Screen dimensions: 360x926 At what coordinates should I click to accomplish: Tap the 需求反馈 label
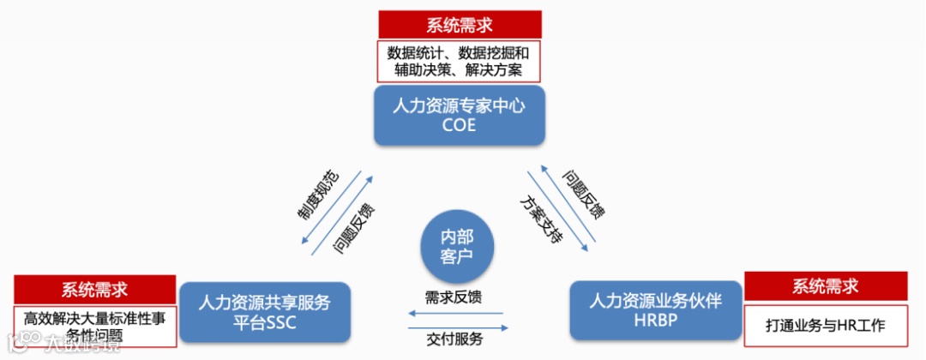pyautogui.click(x=454, y=297)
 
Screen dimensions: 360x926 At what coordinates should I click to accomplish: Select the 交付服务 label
pyautogui.click(x=454, y=339)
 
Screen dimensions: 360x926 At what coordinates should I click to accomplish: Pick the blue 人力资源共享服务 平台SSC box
pyautogui.click(x=264, y=312)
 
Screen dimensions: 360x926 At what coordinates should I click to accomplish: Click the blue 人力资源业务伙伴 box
pyautogui.click(x=656, y=310)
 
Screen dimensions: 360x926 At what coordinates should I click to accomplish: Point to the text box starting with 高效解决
pyautogui.click(x=95, y=326)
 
